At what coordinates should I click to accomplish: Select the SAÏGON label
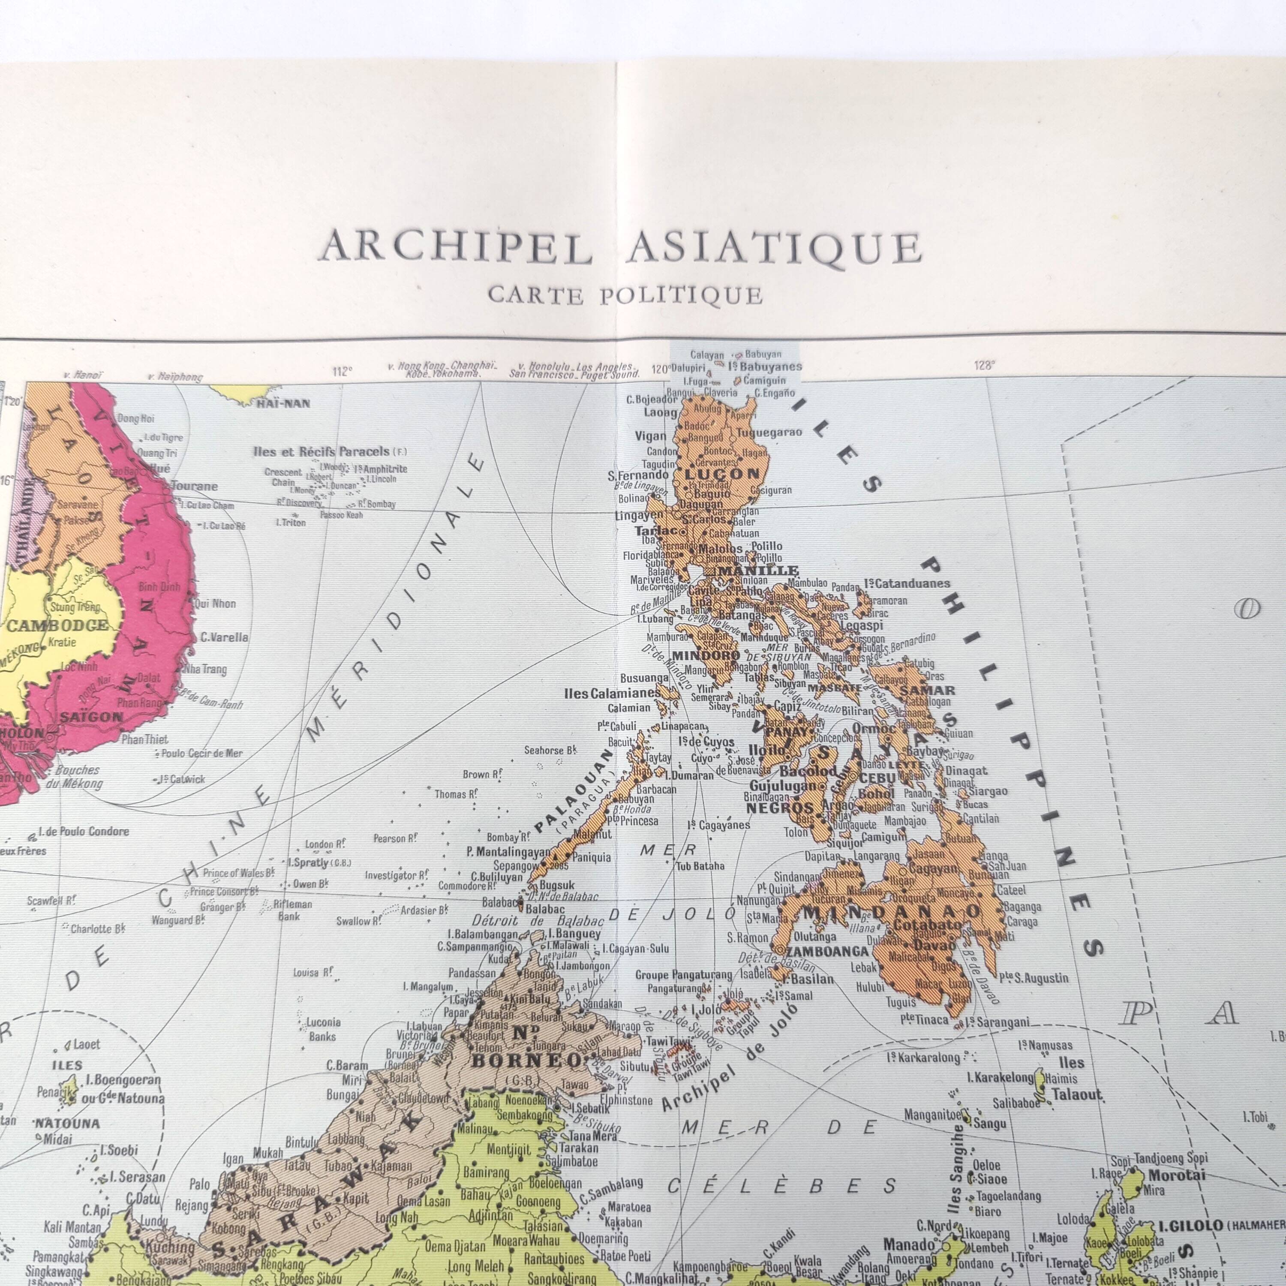tap(91, 717)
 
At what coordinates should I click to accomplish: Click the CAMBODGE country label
tap(57, 625)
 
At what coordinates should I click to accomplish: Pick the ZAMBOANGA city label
tap(827, 951)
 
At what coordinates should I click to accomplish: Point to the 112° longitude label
tap(342, 371)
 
